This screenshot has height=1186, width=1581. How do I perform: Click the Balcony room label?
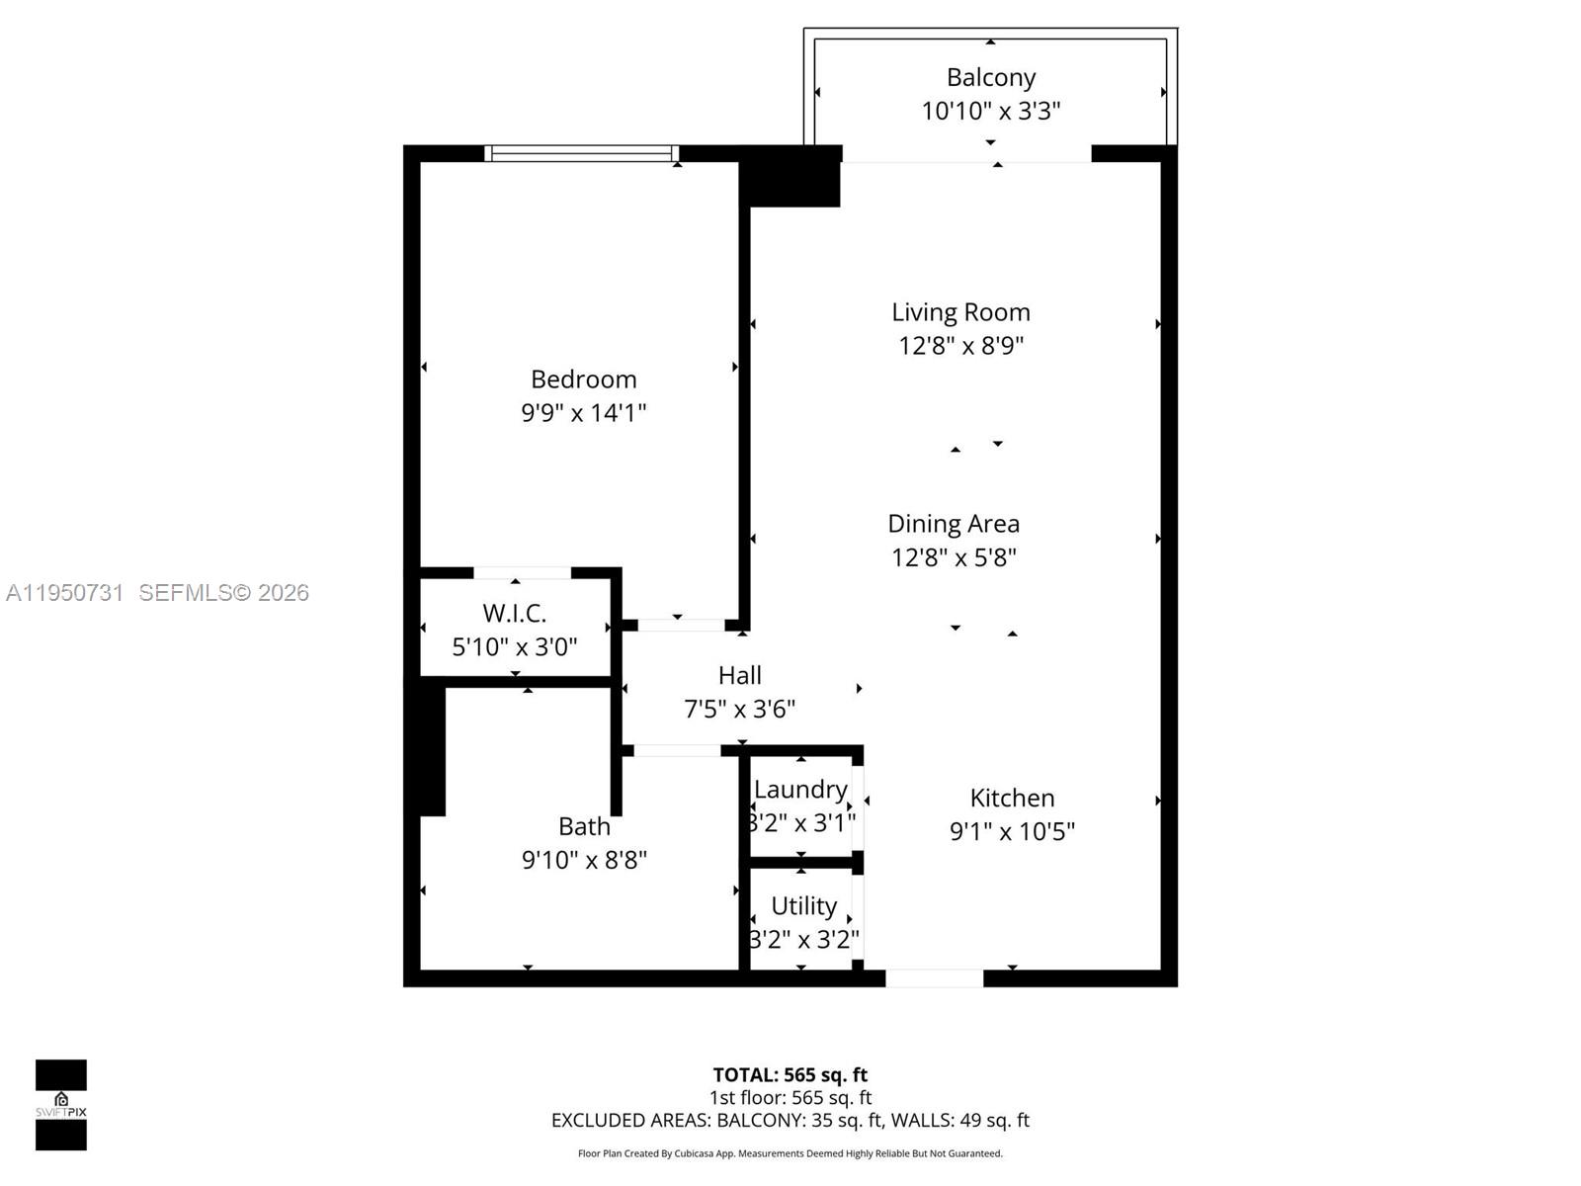pyautogui.click(x=990, y=77)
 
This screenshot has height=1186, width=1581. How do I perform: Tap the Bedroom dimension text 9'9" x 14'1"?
pyautogui.click(x=583, y=412)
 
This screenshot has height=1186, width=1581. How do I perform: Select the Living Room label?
pyautogui.click(x=960, y=312)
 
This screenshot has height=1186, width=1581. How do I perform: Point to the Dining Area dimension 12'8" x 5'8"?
pyautogui.click(x=954, y=557)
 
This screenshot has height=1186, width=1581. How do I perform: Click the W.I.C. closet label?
pyautogui.click(x=514, y=613)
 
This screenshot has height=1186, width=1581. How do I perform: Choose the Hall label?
pyautogui.click(x=739, y=675)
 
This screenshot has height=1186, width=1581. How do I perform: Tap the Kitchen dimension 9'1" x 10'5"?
pyautogui.click(x=1012, y=831)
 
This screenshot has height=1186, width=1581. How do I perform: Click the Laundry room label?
pyautogui.click(x=800, y=790)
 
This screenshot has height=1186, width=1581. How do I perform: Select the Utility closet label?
pyautogui.click(x=803, y=905)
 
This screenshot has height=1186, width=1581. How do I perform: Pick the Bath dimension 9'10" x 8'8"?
pyautogui.click(x=584, y=860)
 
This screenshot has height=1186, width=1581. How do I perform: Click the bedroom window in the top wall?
pyautogui.click(x=581, y=153)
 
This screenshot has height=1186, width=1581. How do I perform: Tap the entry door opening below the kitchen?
pyautogui.click(x=934, y=978)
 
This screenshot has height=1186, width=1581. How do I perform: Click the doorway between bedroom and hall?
pyautogui.click(x=681, y=625)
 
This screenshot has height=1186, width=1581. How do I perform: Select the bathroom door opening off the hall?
pyautogui.click(x=677, y=751)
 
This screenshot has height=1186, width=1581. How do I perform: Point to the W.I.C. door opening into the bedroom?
pyautogui.click(x=522, y=573)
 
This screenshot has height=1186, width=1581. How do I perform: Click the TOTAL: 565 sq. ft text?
pyautogui.click(x=790, y=1074)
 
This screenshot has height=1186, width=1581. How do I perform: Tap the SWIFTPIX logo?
pyautogui.click(x=61, y=1104)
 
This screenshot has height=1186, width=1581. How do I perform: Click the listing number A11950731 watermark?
pyautogui.click(x=65, y=593)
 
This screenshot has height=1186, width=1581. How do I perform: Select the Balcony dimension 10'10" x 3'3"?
pyautogui.click(x=990, y=111)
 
